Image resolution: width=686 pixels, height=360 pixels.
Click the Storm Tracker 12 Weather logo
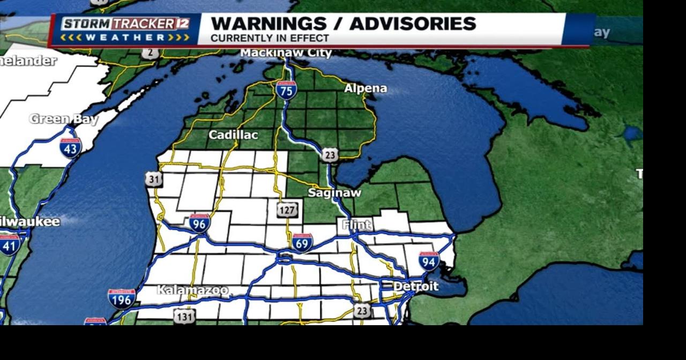(125, 30)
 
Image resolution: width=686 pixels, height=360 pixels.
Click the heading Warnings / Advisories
(343, 24)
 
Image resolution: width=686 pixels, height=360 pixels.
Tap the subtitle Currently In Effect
(270, 39)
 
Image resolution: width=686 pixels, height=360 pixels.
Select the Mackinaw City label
(286, 52)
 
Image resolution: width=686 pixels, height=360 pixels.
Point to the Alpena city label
(365, 88)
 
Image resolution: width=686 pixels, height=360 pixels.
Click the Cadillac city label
(233, 135)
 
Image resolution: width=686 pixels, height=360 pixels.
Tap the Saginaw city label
(334, 193)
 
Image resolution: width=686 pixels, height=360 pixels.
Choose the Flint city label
(356, 225)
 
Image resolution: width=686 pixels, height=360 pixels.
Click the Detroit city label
(416, 287)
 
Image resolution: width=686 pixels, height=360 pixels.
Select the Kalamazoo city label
(192, 290)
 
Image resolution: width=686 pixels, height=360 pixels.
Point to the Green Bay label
(64, 119)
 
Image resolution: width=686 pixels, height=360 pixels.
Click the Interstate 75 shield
(287, 90)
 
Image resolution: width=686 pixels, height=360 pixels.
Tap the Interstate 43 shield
(70, 147)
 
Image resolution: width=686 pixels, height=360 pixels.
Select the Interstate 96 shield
(199, 223)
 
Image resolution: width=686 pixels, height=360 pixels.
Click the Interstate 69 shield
(302, 243)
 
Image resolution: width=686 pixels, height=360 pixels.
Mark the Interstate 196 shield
(122, 298)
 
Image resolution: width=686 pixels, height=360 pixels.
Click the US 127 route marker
(287, 210)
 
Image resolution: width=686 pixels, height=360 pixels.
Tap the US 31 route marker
(154, 179)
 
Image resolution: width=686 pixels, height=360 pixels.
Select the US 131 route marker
(184, 317)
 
